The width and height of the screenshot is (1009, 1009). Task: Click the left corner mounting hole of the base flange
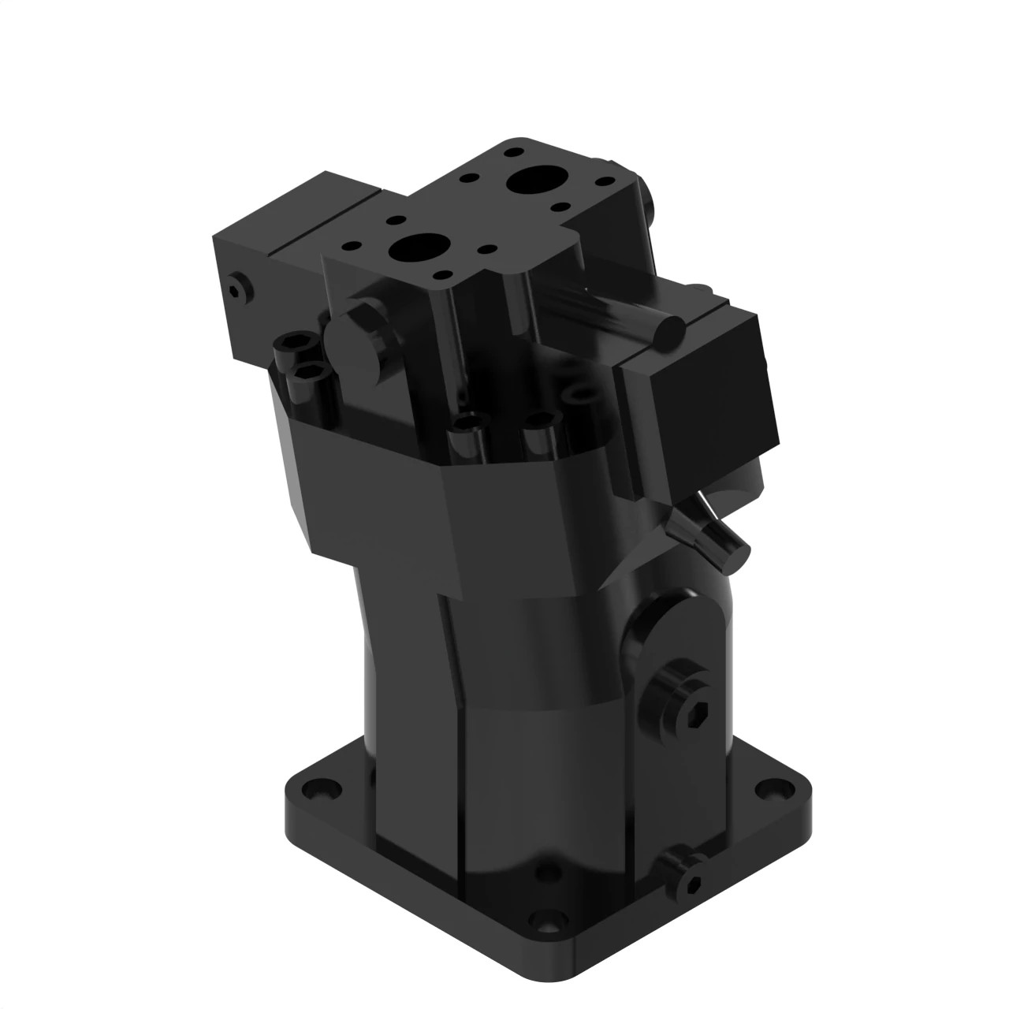(x=321, y=787)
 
